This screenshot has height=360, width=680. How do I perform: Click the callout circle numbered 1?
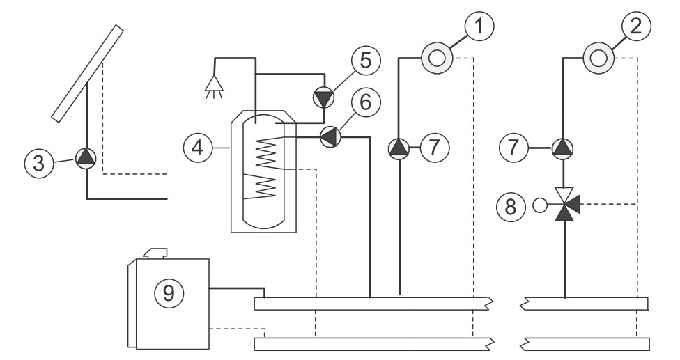479,26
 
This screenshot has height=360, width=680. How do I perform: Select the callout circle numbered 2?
636,26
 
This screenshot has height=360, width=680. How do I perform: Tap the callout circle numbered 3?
38,164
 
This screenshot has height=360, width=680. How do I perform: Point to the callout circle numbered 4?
198,148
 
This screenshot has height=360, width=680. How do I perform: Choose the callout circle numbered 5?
366,61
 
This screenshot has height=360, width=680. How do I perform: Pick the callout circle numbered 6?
366,102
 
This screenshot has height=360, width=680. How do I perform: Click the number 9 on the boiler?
169,294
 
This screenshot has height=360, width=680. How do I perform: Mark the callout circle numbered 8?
511,206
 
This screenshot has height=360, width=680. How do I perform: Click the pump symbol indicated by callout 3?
86,158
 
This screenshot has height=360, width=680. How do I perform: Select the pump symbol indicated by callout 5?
324,97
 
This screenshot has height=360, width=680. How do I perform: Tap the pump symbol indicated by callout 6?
330,137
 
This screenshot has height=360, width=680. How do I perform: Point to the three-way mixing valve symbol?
565,205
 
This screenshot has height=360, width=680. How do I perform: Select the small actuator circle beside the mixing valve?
540,205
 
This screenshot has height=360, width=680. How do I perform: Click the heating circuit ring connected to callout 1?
437,58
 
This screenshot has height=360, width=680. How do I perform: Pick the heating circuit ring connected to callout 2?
598,58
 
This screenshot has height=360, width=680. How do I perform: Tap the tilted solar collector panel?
88,73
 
